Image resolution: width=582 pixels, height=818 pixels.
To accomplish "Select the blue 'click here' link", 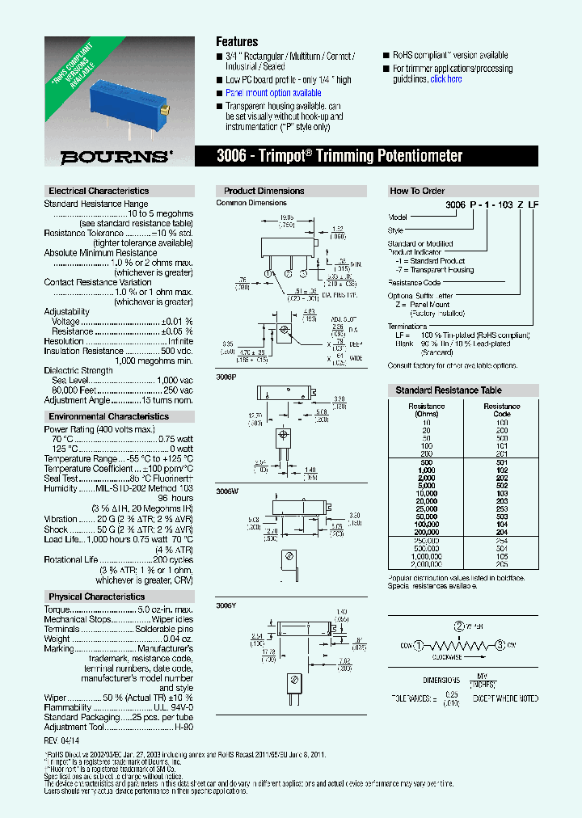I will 446,79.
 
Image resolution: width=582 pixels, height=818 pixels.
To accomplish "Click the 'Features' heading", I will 237,41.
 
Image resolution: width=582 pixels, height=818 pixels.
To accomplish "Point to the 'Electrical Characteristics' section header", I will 99,191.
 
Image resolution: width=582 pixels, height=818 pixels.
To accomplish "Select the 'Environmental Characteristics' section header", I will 108,416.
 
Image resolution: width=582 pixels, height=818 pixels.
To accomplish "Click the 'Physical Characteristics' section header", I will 96,597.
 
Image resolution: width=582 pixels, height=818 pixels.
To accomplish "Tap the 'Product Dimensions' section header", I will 264,191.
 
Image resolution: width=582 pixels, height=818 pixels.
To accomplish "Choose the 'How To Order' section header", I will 417,191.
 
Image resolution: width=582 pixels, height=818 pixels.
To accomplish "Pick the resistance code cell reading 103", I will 501,492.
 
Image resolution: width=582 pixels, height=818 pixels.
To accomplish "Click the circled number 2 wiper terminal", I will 459,626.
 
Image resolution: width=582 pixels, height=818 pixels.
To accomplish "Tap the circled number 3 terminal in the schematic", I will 500,644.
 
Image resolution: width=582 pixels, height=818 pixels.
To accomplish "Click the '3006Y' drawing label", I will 226,604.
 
